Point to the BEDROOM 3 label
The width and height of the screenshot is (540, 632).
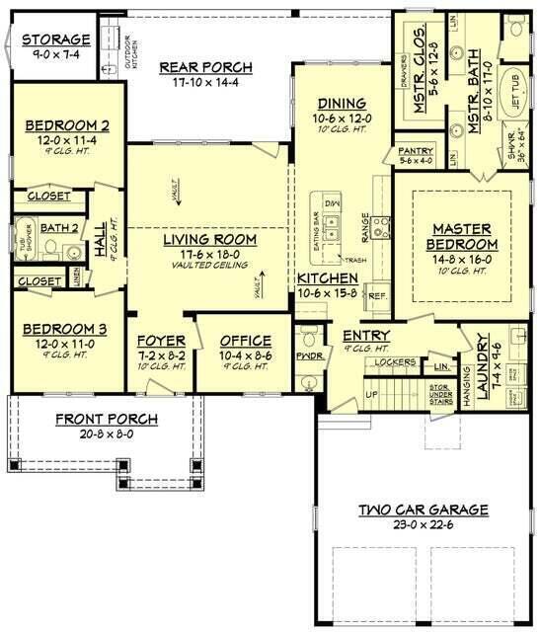pyautogui.click(x=68, y=328)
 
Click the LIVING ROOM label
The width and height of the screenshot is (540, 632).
pyautogui.click(x=209, y=240)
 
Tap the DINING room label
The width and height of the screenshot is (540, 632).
pyautogui.click(x=342, y=103)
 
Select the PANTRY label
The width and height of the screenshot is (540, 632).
pyautogui.click(x=416, y=150)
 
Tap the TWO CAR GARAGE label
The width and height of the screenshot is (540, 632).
pyautogui.click(x=424, y=510)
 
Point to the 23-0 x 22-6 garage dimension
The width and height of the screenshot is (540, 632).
pyautogui.click(x=424, y=525)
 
